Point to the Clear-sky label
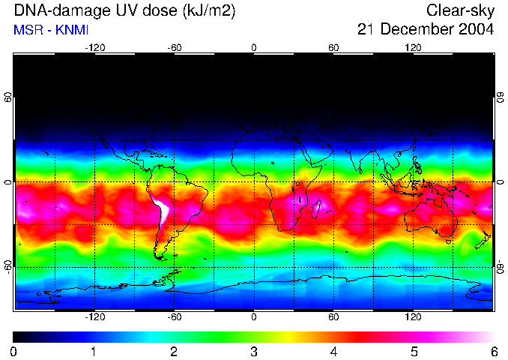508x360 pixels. tap(460, 10)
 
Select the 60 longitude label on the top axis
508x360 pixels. tap(333, 48)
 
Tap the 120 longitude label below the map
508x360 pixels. tap(413, 316)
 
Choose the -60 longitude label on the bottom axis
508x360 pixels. tap(174, 316)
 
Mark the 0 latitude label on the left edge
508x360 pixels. tap(8, 182)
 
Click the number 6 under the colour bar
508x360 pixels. tap(494, 351)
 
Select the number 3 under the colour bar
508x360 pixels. tap(253, 351)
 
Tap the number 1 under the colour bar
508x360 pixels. tap(94, 351)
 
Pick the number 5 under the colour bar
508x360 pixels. tap(414, 351)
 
